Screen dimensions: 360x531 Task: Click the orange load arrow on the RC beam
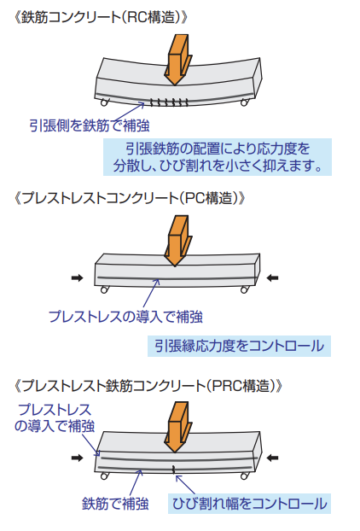(x=177, y=59)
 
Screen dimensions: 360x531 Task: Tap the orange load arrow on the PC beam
(x=177, y=241)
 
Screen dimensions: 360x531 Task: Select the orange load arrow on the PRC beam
(x=177, y=427)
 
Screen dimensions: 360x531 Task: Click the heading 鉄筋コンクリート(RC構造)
(x=101, y=18)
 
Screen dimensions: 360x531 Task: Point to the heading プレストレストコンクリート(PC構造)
(x=130, y=198)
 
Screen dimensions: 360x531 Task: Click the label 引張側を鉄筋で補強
(x=90, y=125)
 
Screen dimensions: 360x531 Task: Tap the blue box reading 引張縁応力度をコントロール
(x=239, y=346)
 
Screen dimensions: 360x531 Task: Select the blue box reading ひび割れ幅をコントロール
(x=249, y=504)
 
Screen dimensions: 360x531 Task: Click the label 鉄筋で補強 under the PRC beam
(x=115, y=504)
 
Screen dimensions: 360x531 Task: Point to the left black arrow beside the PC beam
(x=78, y=278)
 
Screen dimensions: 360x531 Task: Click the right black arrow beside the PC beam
(x=272, y=278)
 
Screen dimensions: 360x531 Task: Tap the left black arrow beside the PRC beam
(x=78, y=458)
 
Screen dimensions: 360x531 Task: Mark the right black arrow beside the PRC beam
(x=272, y=458)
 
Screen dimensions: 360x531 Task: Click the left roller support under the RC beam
(x=105, y=102)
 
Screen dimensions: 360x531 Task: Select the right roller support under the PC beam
(x=244, y=289)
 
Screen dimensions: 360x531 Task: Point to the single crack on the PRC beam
(x=174, y=470)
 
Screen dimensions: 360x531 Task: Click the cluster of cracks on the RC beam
(x=169, y=102)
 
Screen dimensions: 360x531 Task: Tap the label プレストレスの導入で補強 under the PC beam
(x=125, y=317)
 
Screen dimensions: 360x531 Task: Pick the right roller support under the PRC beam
(x=244, y=476)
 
